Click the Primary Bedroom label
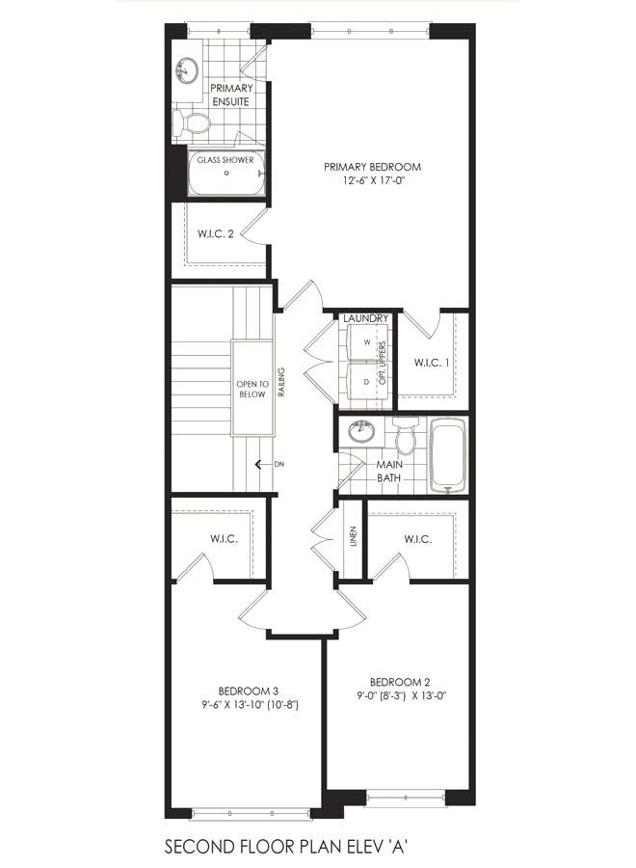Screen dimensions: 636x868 click(x=372, y=167)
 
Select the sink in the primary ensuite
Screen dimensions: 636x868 click(x=188, y=71)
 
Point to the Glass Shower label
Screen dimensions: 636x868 click(x=225, y=160)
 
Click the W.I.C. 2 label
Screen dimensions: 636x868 click(x=216, y=233)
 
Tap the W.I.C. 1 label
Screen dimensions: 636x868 click(x=432, y=364)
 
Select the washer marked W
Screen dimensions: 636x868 click(x=366, y=342)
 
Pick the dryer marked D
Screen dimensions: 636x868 click(x=366, y=381)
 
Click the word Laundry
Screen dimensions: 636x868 click(x=365, y=318)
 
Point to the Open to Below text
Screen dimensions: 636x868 click(x=252, y=390)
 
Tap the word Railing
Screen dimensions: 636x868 click(x=281, y=382)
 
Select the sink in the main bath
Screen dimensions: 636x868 click(x=361, y=430)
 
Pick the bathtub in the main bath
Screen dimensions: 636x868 click(x=448, y=455)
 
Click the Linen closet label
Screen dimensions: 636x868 click(x=353, y=536)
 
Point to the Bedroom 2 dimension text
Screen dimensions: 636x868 click(x=401, y=696)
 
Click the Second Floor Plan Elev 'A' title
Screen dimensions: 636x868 click(x=286, y=847)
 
